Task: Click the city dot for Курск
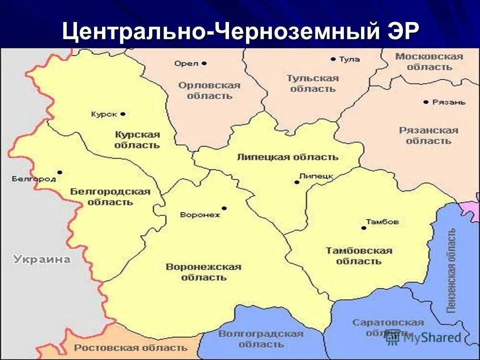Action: pos(123,114)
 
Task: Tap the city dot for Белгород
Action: pos(60,172)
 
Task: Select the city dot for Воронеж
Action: pos(224,208)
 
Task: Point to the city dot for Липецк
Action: pos(296,182)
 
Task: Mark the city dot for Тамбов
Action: pos(363,228)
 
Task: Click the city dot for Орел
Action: pos(204,63)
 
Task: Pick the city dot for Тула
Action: pos(333,59)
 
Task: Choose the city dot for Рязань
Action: pos(425,102)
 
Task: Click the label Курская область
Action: pos(137,139)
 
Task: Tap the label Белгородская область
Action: pos(110,196)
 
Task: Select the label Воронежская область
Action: pos(203,272)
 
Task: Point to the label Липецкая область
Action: pos(287,157)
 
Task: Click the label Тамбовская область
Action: pos(359,255)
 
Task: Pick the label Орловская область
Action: pos(209,90)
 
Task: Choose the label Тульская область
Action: pos(313,83)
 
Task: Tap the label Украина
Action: pos(42,259)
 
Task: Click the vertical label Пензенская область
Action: pos(451,270)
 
